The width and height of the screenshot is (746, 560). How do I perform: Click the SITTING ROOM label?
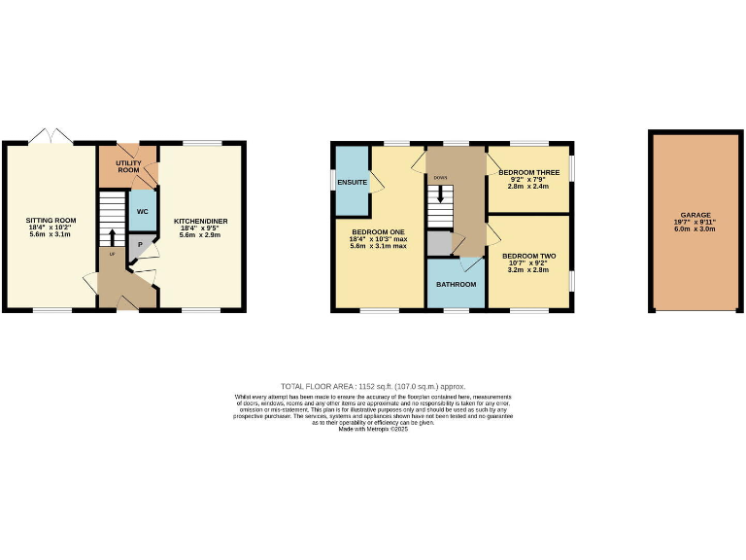pos(51,220)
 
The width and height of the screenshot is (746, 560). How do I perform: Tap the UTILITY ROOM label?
pos(129,166)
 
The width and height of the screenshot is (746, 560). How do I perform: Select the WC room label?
pos(142,211)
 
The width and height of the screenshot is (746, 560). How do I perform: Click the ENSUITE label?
pos(352,182)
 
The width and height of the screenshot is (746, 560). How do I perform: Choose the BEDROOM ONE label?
pos(379,231)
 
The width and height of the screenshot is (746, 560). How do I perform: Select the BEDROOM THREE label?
pos(527,171)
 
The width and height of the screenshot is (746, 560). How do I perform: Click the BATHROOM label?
pos(456,284)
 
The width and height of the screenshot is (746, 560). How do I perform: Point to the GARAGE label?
pos(695,215)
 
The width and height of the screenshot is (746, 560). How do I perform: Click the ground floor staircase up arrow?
pos(112,238)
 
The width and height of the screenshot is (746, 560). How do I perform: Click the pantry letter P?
pos(140,245)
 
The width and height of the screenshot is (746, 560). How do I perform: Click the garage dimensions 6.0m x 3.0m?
pos(695,229)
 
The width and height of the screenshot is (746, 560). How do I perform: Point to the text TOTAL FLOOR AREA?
pos(317,386)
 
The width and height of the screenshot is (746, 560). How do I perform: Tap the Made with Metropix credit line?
pos(373,429)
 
